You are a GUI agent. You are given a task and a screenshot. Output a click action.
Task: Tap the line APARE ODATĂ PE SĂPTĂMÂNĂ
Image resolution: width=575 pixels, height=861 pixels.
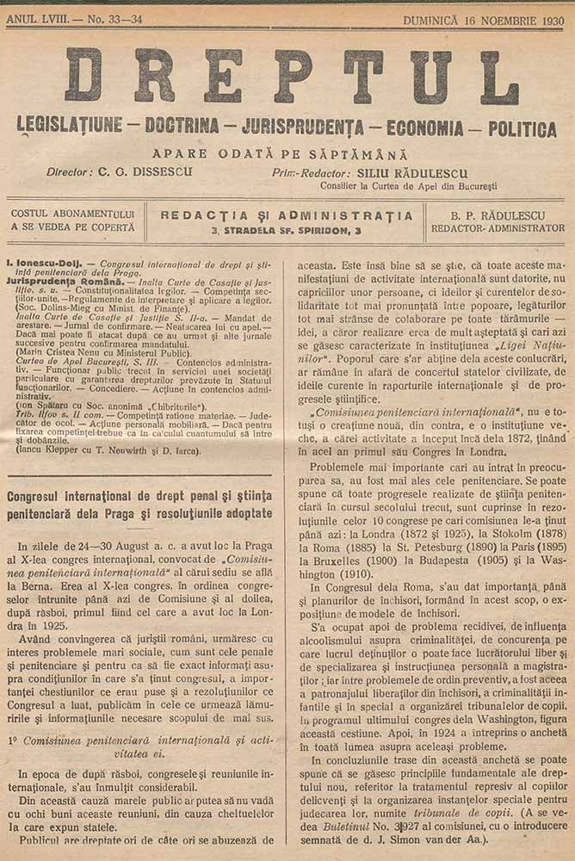click(289, 153)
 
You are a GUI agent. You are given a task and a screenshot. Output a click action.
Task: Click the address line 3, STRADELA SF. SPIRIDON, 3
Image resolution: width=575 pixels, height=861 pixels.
click(287, 231)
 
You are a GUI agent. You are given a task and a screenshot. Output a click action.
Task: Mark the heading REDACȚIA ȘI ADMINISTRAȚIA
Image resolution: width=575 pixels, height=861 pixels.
click(287, 215)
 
